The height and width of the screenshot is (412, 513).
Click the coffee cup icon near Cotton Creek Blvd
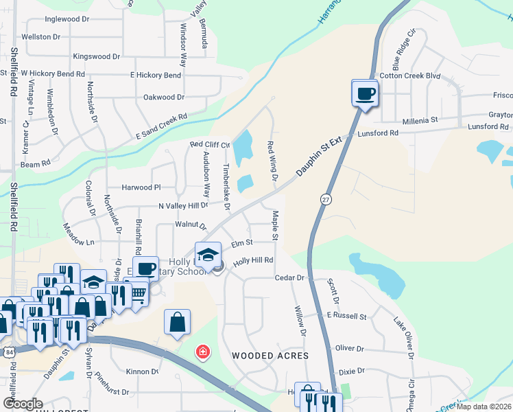[x=365, y=93]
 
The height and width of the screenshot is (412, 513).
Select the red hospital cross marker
[x=202, y=353]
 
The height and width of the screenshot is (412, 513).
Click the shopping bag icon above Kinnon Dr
[x=177, y=322]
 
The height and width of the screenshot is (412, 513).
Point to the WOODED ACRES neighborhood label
[x=270, y=356]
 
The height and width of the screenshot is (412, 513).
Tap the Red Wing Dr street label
[x=272, y=162]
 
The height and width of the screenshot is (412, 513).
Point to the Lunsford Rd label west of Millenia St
[x=379, y=133]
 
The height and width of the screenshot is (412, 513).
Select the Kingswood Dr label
[x=96, y=56]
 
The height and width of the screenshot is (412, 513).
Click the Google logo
[x=23, y=404]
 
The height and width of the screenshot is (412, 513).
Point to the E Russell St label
[x=347, y=316]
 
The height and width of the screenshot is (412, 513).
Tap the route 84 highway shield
[x=8, y=352]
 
